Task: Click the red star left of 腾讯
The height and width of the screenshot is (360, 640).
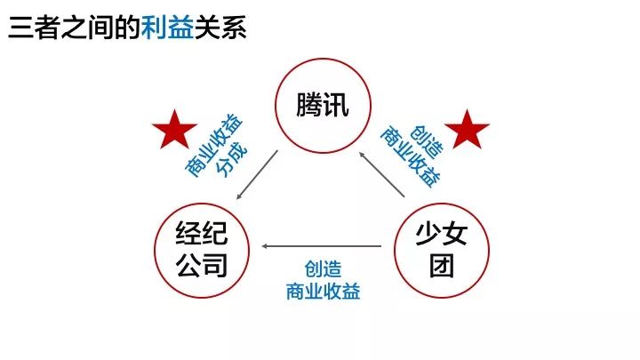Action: (175, 130)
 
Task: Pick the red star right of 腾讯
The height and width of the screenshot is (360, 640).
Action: (467, 130)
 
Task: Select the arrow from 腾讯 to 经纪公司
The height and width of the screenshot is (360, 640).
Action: (257, 175)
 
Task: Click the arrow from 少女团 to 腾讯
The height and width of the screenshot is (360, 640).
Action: (381, 175)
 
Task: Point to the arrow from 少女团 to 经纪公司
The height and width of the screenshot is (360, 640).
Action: (322, 246)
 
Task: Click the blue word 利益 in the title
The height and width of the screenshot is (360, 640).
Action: (167, 28)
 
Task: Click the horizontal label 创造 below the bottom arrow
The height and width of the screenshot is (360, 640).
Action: (323, 269)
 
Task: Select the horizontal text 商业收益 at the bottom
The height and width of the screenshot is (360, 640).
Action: (323, 292)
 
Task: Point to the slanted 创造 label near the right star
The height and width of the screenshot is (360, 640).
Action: (427, 141)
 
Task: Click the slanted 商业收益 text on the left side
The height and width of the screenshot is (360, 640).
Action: (213, 145)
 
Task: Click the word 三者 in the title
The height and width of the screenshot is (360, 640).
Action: (34, 28)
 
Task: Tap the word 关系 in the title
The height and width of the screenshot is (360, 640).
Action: (220, 28)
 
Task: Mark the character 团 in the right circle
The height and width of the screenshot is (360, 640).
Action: (442, 266)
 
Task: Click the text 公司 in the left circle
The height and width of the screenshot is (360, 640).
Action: (202, 266)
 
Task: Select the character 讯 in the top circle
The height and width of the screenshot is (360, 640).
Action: (336, 105)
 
